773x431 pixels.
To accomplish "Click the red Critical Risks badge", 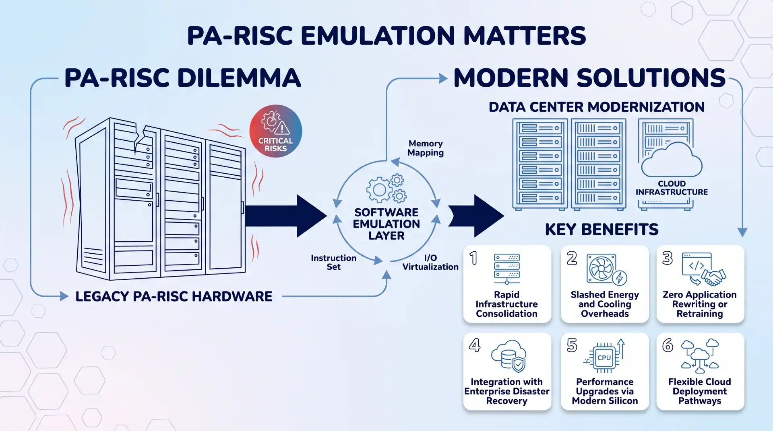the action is click(276, 131).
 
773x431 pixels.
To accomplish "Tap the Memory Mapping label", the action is click(426, 148).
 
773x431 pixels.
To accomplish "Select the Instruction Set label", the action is click(333, 262).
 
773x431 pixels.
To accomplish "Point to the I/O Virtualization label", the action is click(430, 262).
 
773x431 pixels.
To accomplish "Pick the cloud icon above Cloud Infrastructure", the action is click(672, 160).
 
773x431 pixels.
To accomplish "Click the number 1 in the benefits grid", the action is click(473, 258).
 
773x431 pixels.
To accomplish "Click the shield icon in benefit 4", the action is click(519, 365).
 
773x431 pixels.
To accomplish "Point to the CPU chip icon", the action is click(604, 357).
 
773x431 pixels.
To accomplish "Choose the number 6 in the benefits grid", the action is click(668, 345).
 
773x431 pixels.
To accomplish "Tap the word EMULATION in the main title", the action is click(378, 35).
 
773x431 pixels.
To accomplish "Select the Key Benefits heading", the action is click(601, 230).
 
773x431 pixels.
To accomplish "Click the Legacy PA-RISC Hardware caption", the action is click(174, 296).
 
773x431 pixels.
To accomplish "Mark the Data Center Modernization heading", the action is click(596, 107).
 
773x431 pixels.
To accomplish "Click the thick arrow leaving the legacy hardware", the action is click(285, 216).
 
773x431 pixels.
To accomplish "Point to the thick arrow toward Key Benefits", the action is click(476, 216).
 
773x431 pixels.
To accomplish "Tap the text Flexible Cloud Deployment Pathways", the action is click(700, 391).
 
